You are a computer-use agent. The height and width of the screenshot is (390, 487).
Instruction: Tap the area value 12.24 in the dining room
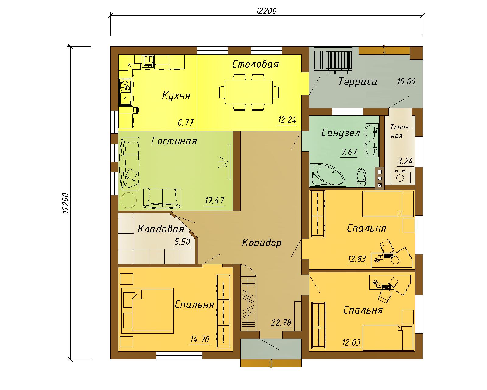click(x=287, y=120)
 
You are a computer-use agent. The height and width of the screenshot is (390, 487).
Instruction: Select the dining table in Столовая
click(x=249, y=92)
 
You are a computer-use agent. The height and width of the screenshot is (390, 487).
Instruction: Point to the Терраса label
click(x=358, y=82)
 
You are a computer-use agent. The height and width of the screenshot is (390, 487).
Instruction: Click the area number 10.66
click(x=406, y=82)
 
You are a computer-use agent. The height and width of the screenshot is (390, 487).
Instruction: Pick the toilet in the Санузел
click(x=360, y=177)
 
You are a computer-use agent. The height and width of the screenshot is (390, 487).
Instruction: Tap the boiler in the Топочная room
click(x=400, y=177)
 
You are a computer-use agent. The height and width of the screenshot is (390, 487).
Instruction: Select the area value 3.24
click(x=405, y=161)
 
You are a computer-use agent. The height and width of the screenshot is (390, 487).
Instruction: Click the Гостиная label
click(x=174, y=141)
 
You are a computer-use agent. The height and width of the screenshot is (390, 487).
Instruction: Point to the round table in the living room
click(x=128, y=200)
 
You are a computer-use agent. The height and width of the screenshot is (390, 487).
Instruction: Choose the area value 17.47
click(x=215, y=200)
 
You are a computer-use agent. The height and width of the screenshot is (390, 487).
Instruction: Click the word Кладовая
click(x=161, y=229)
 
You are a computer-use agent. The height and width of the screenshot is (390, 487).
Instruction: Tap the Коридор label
click(x=262, y=243)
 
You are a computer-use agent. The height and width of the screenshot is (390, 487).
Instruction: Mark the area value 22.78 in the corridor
click(x=281, y=322)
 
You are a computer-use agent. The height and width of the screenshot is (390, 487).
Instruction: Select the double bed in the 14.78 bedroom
click(x=148, y=310)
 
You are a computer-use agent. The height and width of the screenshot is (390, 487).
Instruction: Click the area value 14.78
click(x=200, y=339)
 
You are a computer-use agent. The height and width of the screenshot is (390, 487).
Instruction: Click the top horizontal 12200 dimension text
click(x=266, y=11)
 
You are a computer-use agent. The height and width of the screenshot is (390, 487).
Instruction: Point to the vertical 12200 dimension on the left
click(x=66, y=203)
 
